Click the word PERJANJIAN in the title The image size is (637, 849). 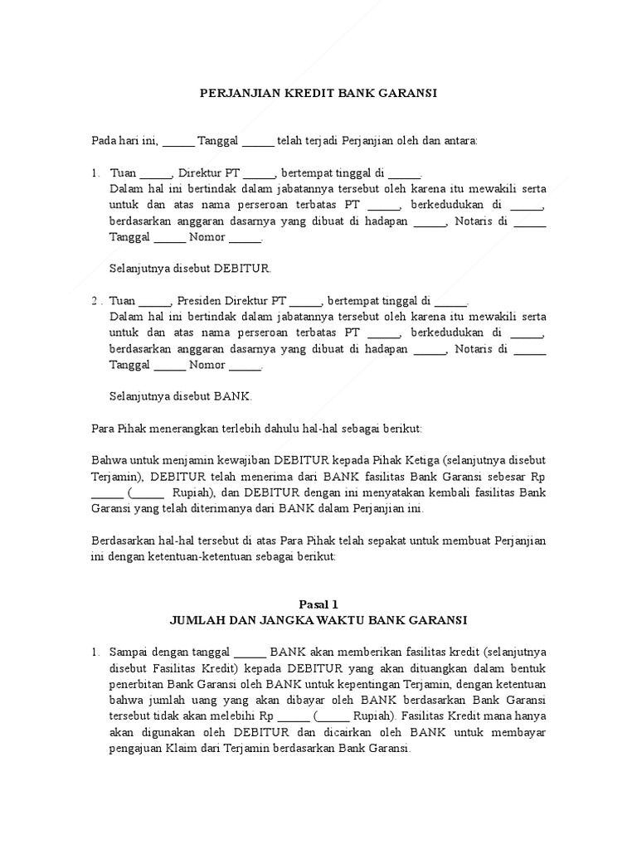[238, 95]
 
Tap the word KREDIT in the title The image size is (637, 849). [307, 95]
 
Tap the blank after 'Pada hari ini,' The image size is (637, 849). [178, 141]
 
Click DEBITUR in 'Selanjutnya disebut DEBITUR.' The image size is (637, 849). [242, 269]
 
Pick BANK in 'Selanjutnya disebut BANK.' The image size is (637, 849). [232, 396]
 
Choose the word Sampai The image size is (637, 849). [128, 652]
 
